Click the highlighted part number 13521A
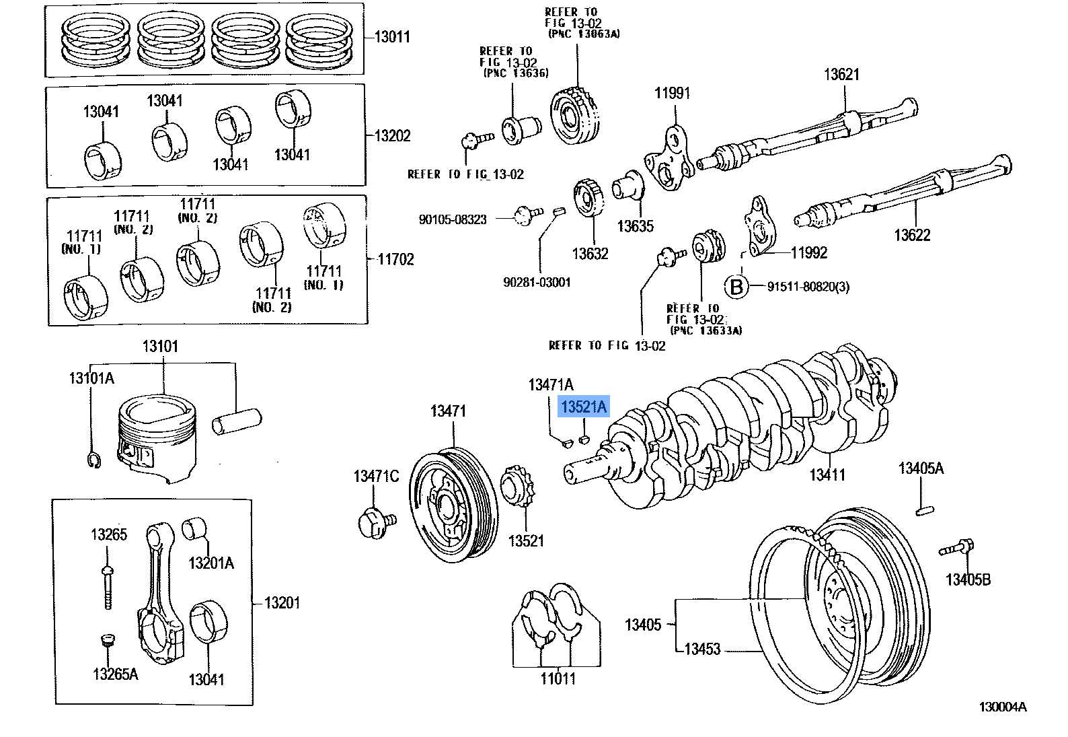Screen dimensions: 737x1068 [x=584, y=407]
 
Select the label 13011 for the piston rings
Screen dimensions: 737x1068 [x=392, y=37]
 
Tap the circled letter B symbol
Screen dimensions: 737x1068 [x=736, y=287]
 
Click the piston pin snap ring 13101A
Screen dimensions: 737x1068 [x=93, y=460]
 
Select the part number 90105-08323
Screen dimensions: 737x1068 [x=453, y=219]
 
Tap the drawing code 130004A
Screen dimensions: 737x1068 [x=1002, y=707]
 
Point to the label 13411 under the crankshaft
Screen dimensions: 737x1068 [x=827, y=475]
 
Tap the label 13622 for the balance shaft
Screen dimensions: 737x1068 [x=912, y=235]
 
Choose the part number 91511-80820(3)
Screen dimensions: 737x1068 [x=808, y=287]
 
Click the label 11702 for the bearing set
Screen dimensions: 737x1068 [x=395, y=259]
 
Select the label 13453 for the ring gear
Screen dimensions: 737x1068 [x=702, y=649]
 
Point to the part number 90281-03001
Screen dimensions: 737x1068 [x=537, y=282]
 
